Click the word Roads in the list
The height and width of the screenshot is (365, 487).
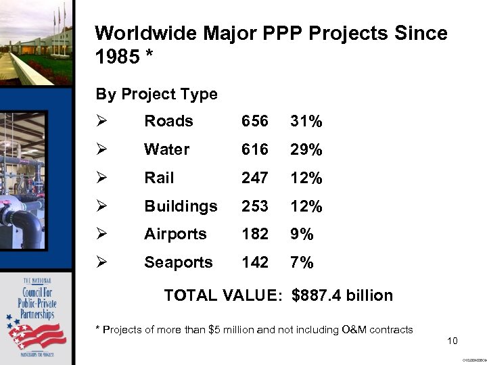[168, 121]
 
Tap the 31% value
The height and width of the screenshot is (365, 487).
[306, 121]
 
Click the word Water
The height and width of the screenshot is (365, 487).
[167, 149]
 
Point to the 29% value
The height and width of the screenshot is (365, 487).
[306, 149]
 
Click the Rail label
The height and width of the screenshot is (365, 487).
[159, 178]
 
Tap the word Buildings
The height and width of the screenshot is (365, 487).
[181, 206]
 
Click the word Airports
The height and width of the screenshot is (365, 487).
[175, 234]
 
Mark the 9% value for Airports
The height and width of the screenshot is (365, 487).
[302, 234]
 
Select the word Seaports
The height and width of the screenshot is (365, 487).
[179, 262]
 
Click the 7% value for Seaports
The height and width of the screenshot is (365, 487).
[302, 262]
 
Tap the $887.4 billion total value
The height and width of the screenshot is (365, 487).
[342, 295]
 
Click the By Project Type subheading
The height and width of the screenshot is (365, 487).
[156, 94]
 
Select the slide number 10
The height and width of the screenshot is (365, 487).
[453, 341]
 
